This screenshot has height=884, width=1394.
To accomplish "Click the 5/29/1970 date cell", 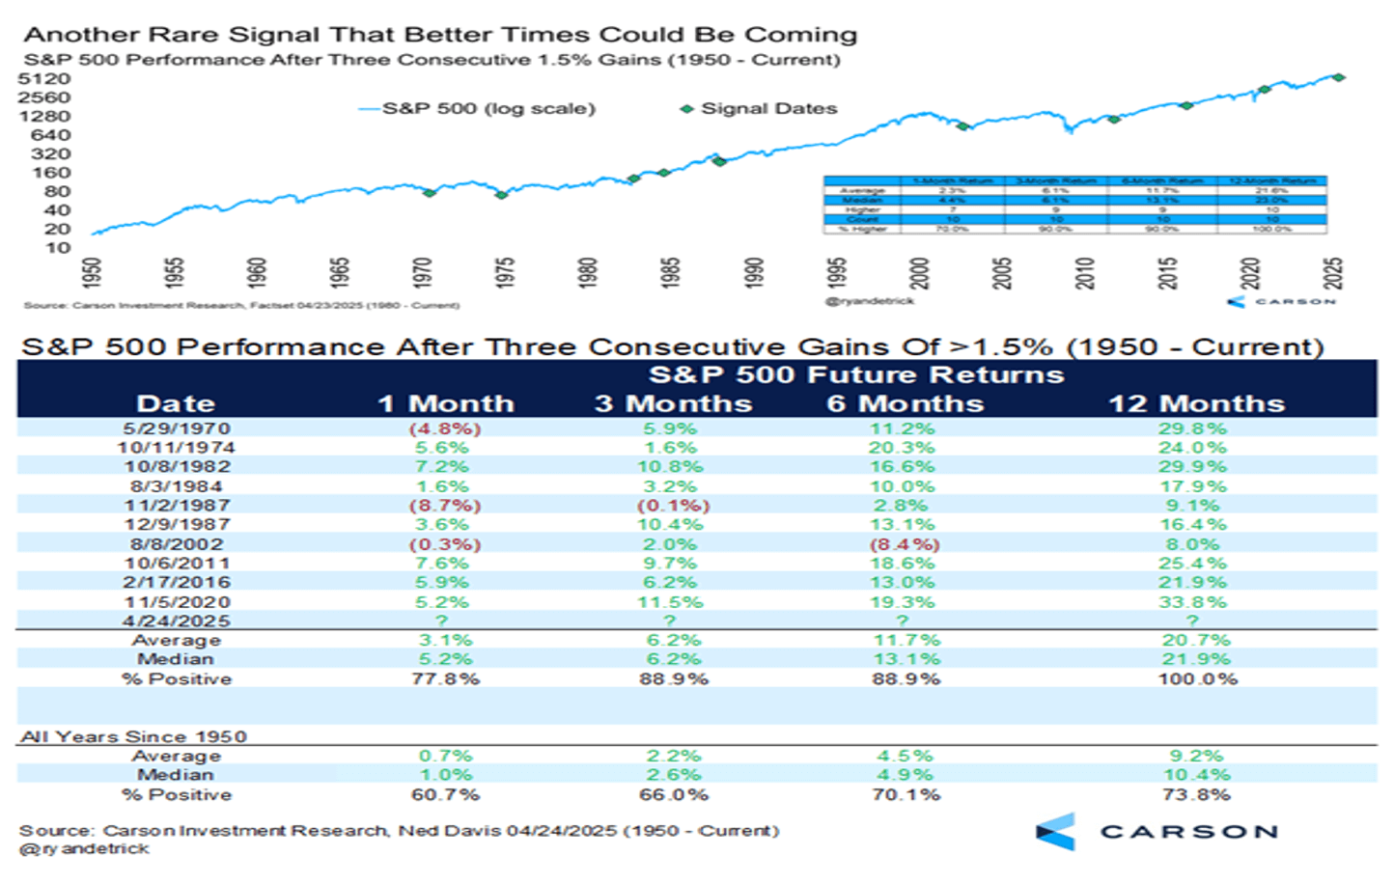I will [176, 428].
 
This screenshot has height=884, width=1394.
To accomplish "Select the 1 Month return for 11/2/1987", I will [445, 506].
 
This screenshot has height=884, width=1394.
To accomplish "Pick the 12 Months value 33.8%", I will [1193, 602].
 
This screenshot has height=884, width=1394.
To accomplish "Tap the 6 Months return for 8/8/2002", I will [904, 544].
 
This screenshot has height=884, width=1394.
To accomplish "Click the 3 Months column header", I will [673, 403].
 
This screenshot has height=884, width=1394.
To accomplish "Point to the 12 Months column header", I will [1196, 403].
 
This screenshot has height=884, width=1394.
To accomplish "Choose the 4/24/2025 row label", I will [176, 622].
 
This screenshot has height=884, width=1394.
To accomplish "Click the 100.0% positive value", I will [1197, 679].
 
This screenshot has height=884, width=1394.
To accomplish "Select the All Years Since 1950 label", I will [133, 736].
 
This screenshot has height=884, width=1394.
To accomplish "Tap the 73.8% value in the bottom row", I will [1197, 795].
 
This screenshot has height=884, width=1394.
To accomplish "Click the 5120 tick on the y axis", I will [44, 79].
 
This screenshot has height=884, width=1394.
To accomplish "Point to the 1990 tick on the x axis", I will [754, 273].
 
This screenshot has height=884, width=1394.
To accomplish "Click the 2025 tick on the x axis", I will [1334, 273].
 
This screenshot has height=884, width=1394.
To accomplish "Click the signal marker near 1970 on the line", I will [430, 193].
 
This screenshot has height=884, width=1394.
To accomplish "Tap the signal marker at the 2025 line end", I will [1338, 77].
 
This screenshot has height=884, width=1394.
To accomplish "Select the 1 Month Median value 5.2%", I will [445, 660].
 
